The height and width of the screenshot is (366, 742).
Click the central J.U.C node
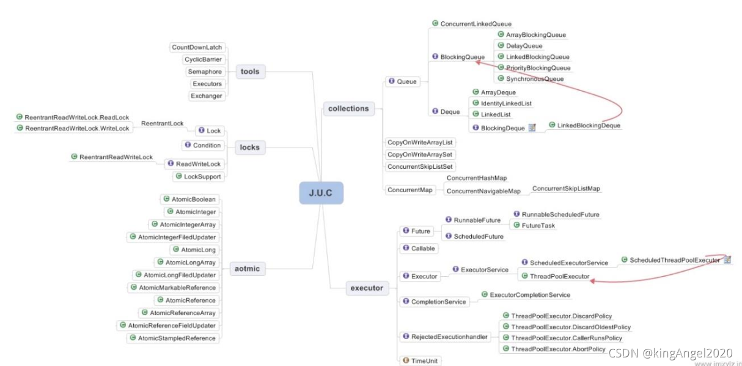321,193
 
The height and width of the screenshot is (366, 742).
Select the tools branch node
250,72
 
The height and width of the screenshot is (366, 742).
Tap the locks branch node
249,148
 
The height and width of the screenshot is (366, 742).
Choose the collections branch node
348,108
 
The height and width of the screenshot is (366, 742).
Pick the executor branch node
367,288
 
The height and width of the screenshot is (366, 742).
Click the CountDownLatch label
197,47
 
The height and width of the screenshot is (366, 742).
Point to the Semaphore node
205,72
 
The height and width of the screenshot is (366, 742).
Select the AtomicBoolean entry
193,200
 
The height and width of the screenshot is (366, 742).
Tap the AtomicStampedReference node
177,338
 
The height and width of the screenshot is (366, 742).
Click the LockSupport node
202,176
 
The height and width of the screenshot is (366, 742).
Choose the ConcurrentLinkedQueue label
476,24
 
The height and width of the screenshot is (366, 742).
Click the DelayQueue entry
524,46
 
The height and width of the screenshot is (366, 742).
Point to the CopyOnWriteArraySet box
421,155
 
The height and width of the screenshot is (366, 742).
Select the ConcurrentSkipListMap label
566,189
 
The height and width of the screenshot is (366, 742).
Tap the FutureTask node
538,226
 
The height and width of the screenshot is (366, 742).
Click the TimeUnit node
424,361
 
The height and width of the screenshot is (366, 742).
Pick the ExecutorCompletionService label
530,295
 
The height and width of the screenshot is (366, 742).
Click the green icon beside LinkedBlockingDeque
551,125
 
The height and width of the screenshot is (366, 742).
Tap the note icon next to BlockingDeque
532,128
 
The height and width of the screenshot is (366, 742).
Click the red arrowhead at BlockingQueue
476,61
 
